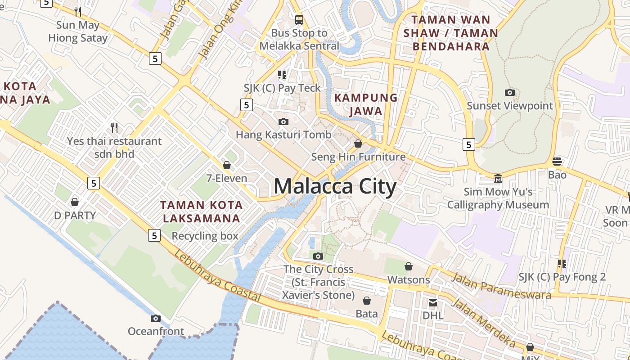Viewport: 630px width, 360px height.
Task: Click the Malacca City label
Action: [335, 186]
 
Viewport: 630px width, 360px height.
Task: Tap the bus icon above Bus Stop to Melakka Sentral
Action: [299, 19]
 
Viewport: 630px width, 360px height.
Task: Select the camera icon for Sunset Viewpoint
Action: [509, 93]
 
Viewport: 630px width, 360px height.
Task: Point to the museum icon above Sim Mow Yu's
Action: [498, 179]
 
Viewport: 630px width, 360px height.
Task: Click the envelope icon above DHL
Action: [433, 303]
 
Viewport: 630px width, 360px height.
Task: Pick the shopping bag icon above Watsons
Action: [409, 266]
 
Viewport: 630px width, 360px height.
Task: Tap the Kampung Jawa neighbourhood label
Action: [366, 104]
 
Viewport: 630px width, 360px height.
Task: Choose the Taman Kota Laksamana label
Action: [201, 211]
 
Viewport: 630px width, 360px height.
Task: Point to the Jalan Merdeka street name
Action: [483, 322]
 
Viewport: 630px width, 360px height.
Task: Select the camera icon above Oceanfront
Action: [155, 319]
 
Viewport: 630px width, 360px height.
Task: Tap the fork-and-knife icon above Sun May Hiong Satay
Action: [78, 11]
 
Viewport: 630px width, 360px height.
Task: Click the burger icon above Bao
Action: [557, 162]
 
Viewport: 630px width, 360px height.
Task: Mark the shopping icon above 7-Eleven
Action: [227, 165]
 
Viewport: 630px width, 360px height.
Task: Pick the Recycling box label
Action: [205, 236]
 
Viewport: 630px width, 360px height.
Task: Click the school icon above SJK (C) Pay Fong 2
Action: [562, 264]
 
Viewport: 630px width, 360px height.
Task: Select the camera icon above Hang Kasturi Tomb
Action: [283, 121]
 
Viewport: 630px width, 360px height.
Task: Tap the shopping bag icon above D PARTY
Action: [75, 202]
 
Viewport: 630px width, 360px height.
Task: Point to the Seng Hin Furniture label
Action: [358, 157]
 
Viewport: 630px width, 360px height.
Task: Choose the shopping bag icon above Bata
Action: [367, 301]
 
